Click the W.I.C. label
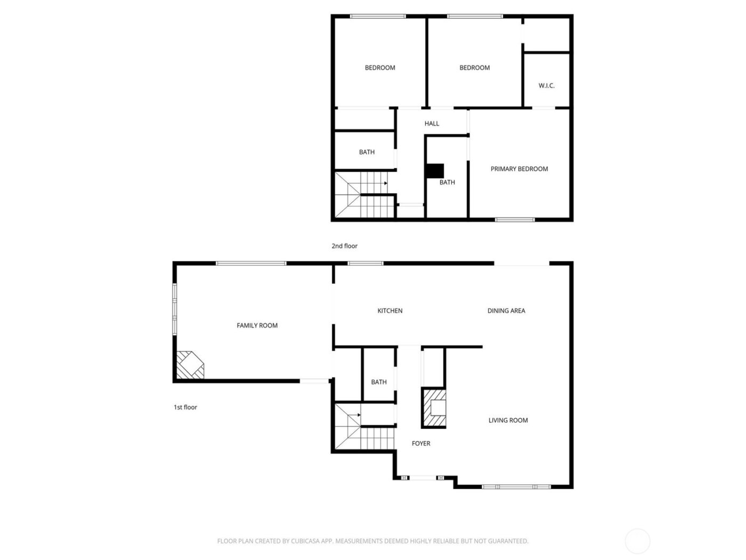coord(546,85)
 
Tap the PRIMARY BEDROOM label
coord(519,169)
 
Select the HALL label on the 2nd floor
coord(432,124)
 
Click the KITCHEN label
coord(390,311)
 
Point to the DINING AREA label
coord(506,311)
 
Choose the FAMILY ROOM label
coord(257,325)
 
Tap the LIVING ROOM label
coord(508,420)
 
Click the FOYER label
coord(421,443)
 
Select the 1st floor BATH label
coord(379,382)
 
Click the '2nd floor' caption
coord(344,246)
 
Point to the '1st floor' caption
coord(185,407)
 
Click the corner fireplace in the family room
coord(189,365)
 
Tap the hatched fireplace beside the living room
coord(434,408)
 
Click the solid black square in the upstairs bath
coord(435,171)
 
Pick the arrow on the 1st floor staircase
coord(359,414)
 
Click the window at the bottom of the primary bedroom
coord(514,219)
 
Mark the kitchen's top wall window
coord(366,263)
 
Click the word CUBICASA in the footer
coord(305,541)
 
